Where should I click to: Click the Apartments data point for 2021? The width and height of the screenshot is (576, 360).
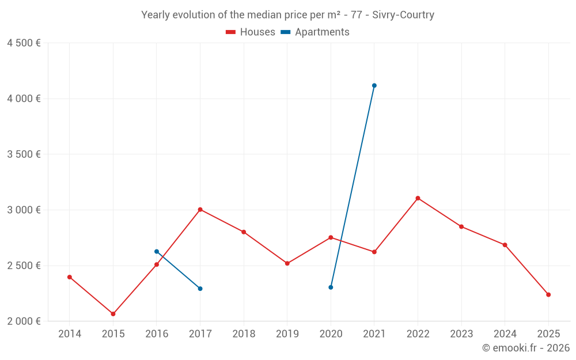coord(374,85)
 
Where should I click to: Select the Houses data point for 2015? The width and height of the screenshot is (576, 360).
coord(113,314)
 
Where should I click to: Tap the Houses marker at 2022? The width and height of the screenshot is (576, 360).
coord(418,198)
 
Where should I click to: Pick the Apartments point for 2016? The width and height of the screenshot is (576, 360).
coord(157,252)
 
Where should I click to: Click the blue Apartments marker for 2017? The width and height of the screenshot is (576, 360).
coord(200,289)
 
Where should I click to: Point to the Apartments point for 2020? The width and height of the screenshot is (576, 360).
coord(331,287)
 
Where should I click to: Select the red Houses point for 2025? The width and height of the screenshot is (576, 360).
coord(548,295)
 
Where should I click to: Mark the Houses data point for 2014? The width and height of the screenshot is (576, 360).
coord(70,277)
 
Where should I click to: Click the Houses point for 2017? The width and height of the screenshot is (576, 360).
coord(200,210)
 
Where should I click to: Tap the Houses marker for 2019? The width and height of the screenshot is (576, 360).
coord(287,263)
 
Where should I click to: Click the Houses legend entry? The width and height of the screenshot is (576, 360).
coord(251,32)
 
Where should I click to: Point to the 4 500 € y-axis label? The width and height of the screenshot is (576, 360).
coord(24,43)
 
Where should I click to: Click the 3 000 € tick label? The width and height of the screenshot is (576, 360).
coord(24,210)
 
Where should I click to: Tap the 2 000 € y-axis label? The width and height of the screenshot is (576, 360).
coord(24,321)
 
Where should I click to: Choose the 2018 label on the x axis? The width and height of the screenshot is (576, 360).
coord(244,334)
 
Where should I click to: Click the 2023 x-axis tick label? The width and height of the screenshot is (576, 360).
coord(461,334)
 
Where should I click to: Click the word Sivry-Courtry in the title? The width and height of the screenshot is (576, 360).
coord(403,15)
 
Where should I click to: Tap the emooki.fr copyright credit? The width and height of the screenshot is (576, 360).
coord(526,348)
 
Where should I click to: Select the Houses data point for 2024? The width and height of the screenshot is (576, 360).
coord(505,245)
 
